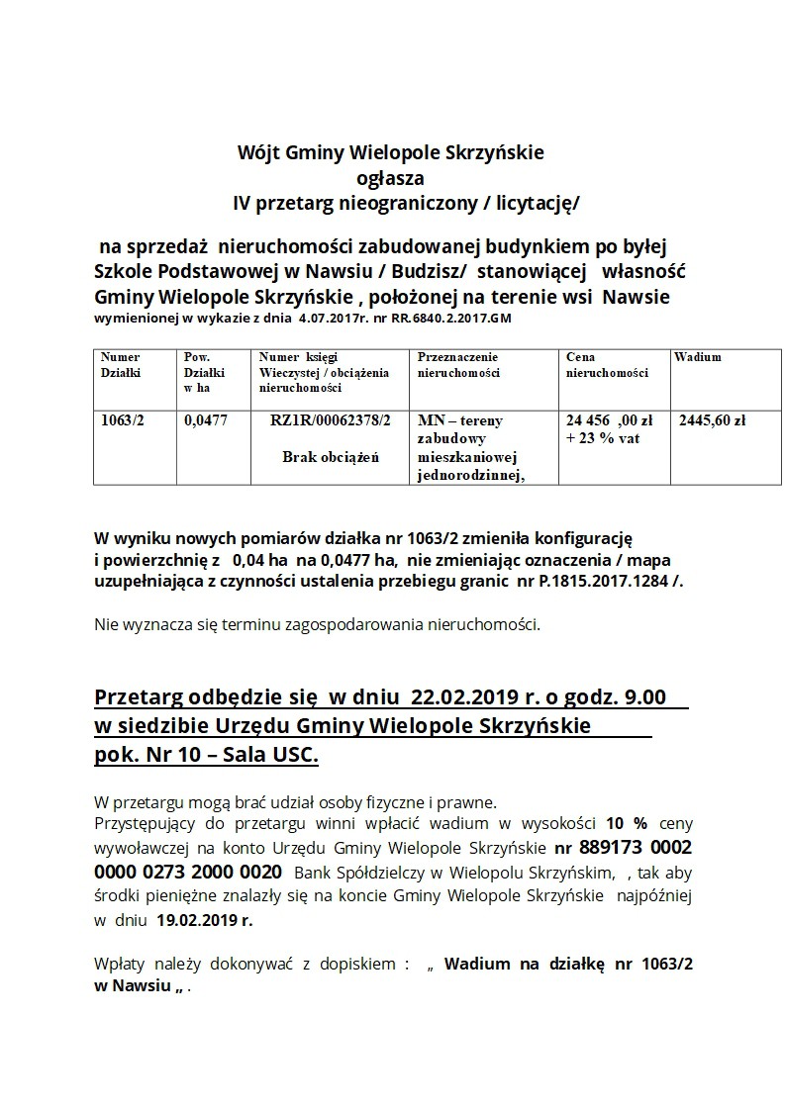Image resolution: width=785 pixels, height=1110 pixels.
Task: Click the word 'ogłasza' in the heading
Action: pyautogui.click(x=389, y=179)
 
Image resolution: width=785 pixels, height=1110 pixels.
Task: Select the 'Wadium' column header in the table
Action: pyautogui.click(x=698, y=357)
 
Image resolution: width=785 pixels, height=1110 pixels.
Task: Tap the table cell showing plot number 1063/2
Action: pyautogui.click(x=122, y=420)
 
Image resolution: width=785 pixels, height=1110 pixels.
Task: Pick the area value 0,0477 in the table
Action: pyautogui.click(x=206, y=420)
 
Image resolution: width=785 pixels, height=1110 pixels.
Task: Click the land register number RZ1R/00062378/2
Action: pyautogui.click(x=330, y=420)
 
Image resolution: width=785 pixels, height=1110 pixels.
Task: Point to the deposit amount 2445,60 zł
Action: pyautogui.click(x=712, y=420)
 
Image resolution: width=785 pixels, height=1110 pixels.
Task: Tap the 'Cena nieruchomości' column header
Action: pyautogui.click(x=606, y=365)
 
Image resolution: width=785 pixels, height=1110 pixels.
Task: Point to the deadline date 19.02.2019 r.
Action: pyautogui.click(x=205, y=919)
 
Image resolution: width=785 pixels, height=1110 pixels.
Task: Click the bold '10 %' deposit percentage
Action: pyautogui.click(x=627, y=823)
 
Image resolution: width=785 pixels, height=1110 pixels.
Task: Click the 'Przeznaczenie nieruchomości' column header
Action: pyautogui.click(x=457, y=365)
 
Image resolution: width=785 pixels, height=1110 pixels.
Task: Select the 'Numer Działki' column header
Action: pyautogui.click(x=120, y=365)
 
